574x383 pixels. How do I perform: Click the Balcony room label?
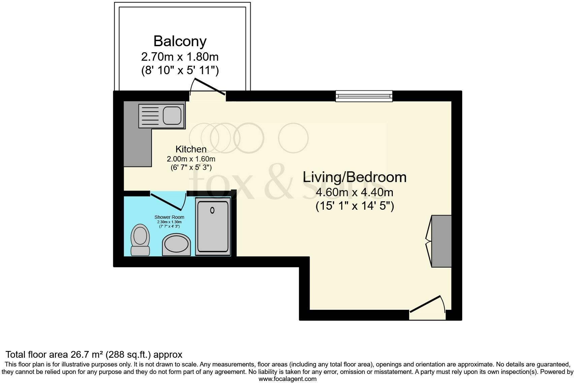coord(180,41)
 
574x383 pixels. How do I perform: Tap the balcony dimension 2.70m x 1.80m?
coord(180,56)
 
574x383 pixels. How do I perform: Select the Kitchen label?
coord(191,149)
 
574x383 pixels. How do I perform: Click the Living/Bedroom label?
coord(354,177)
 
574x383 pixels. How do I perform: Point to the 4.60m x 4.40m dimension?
coord(354,193)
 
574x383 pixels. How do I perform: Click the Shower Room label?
coord(169,217)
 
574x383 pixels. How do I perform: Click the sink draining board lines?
coord(149,116)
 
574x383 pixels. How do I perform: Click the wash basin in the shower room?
coord(176,244)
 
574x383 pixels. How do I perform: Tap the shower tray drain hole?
coord(212,210)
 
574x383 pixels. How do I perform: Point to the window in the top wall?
coord(364,96)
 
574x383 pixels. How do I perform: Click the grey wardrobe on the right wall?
coord(441,241)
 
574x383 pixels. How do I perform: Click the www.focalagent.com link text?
coord(287,379)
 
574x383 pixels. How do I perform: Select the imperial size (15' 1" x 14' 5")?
coord(354,206)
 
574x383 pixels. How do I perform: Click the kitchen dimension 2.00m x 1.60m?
coord(191,159)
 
